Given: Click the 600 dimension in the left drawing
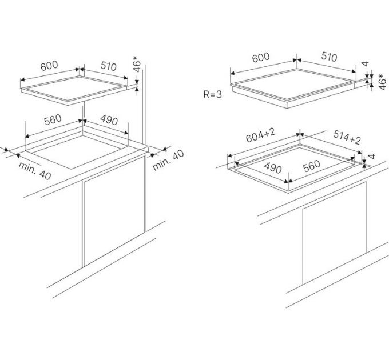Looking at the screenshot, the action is pyautogui.click(x=49, y=66).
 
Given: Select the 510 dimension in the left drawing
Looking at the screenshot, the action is pyautogui.click(x=109, y=66).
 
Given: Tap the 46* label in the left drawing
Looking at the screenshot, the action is pyautogui.click(x=137, y=64).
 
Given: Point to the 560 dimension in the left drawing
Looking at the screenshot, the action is pyautogui.click(x=53, y=119).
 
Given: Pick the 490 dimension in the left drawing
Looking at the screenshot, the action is pyautogui.click(x=109, y=120).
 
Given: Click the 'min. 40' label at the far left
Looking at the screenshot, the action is pyautogui.click(x=35, y=171).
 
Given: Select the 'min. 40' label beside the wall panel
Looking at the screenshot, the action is pyautogui.click(x=168, y=161).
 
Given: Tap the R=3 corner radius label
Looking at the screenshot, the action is pyautogui.click(x=213, y=94).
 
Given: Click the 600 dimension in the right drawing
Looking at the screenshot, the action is pyautogui.click(x=261, y=58).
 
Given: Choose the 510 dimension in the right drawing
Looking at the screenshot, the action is pyautogui.click(x=329, y=57).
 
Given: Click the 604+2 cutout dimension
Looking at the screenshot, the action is pyautogui.click(x=260, y=135).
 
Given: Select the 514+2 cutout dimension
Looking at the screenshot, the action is pyautogui.click(x=347, y=137).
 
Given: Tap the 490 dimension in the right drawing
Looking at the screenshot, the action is pyautogui.click(x=273, y=168).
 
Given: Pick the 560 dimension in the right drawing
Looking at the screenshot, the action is pyautogui.click(x=312, y=166).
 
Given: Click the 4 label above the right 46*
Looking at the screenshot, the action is pyautogui.click(x=365, y=64).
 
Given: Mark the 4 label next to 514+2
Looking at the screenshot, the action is pyautogui.click(x=371, y=157).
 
